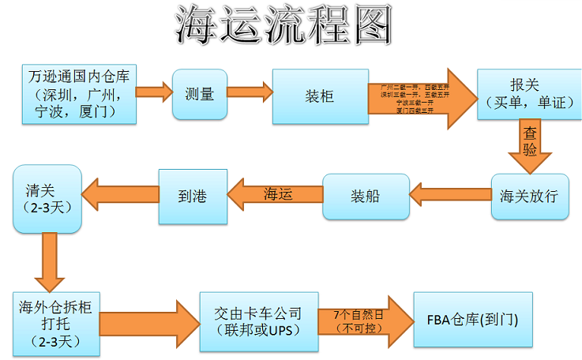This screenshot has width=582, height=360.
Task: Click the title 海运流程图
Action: [x=283, y=28]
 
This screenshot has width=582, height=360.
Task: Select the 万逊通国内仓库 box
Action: [x=77, y=94]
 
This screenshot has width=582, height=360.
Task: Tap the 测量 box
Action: [x=199, y=95]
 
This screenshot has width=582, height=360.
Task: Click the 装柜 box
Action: [x=319, y=96]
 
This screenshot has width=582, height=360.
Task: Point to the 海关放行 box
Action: [x=529, y=196]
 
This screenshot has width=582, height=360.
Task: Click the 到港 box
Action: [x=192, y=196]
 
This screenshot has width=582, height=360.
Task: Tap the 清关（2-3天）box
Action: [x=47, y=198]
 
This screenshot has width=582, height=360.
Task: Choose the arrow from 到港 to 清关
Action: [x=119, y=195]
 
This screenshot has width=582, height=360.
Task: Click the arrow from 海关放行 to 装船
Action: [x=449, y=194]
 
